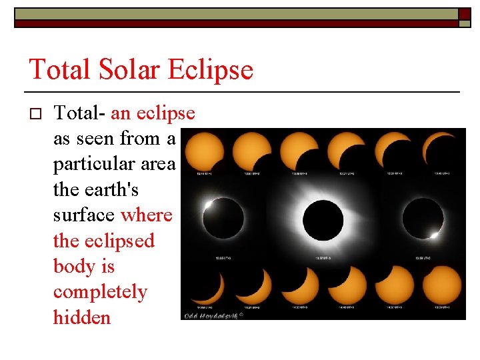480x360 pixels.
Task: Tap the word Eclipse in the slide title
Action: pyautogui.click(x=215, y=69)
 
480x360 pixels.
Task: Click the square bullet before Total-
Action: pyautogui.click(x=37, y=114)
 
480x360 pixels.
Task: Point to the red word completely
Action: pyautogui.click(x=100, y=292)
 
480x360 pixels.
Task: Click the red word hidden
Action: pyautogui.click(x=81, y=317)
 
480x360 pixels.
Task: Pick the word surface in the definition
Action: pyautogui.click(x=84, y=215)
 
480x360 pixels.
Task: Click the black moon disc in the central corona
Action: pyautogui.click(x=323, y=218)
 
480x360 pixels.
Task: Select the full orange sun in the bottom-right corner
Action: pyautogui.click(x=441, y=286)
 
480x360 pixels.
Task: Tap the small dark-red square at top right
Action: pyautogui.click(x=465, y=14)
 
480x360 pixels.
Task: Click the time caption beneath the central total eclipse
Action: pyautogui.click(x=323, y=257)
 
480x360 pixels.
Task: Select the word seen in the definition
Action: pyautogui.click(x=97, y=139)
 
